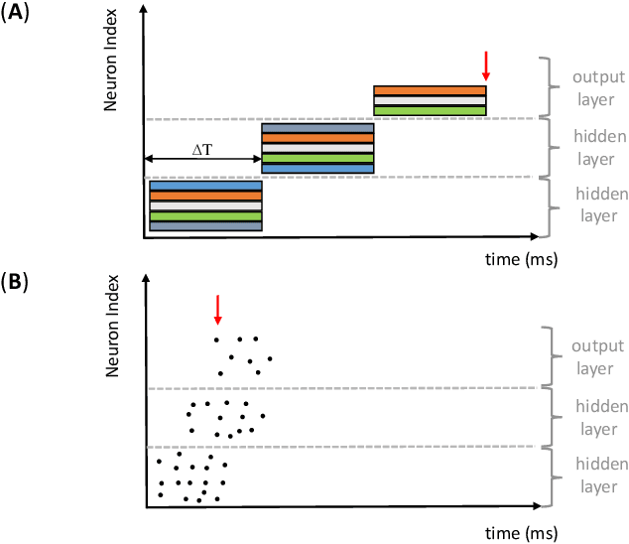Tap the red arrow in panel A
[x=485, y=65]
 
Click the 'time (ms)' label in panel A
[x=521, y=260]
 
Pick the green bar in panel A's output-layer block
[x=430, y=110]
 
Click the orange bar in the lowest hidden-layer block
[x=205, y=196]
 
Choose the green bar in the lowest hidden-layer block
[x=205, y=215]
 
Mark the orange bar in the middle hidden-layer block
[x=317, y=138]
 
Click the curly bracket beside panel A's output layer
[x=547, y=86]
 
